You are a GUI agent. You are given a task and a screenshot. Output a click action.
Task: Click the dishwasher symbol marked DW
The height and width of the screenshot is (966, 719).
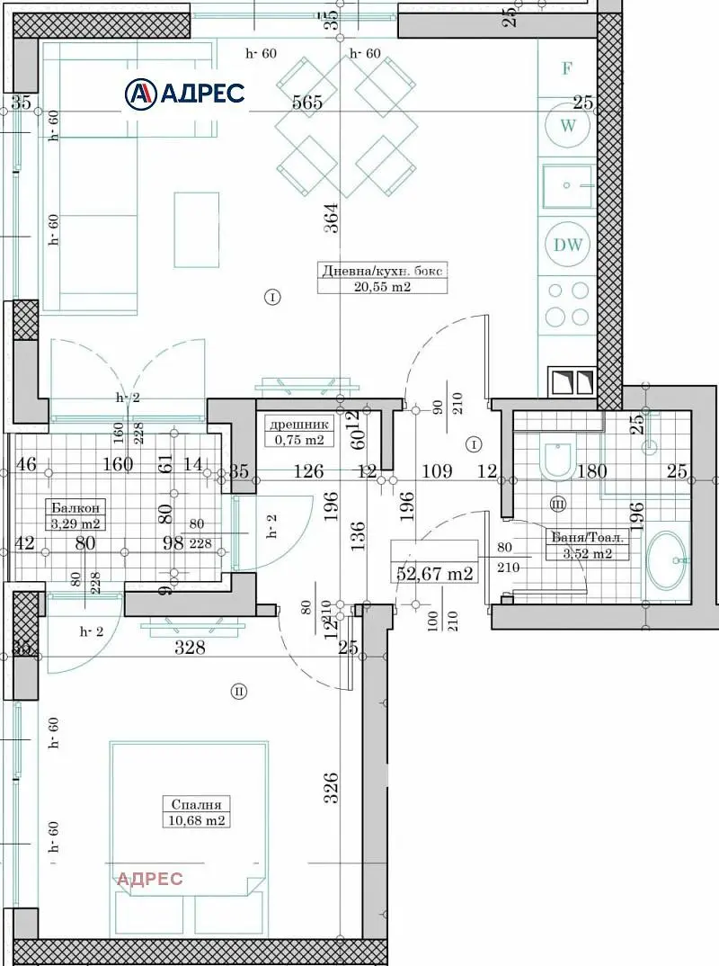click(568, 245)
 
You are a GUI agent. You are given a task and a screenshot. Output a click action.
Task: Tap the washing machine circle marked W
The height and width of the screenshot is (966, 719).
click(568, 125)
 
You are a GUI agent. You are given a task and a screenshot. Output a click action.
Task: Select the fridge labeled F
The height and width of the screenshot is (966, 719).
click(567, 68)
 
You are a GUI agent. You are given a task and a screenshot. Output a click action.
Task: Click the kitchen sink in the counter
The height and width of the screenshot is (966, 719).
click(567, 186)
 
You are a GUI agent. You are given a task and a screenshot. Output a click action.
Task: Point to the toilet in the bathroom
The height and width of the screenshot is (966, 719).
click(557, 459)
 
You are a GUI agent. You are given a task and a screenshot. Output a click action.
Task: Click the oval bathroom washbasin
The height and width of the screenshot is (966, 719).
click(666, 560)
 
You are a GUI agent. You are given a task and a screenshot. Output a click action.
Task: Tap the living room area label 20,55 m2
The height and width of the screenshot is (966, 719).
click(381, 287)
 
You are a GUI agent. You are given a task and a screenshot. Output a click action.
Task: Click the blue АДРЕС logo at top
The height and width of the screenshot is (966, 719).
click(185, 93)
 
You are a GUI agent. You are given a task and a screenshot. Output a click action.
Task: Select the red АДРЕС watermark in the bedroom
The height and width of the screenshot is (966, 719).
click(150, 879)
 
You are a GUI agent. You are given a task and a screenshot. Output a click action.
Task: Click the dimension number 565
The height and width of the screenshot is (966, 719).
click(306, 103)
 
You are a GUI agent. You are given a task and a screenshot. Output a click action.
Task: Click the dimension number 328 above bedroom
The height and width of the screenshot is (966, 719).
click(190, 648)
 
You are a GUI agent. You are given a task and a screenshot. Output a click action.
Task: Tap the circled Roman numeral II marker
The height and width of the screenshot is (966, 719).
click(239, 692)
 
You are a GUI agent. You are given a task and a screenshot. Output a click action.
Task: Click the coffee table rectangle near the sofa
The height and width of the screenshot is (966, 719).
click(197, 229)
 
